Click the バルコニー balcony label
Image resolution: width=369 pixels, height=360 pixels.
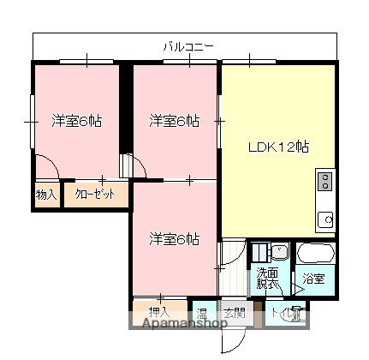tap(188, 46)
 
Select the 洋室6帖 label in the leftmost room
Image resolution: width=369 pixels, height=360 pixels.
tap(76, 121)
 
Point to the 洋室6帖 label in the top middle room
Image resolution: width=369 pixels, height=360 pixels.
tap(175, 121)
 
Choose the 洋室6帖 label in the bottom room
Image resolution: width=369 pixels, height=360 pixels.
tap(175, 237)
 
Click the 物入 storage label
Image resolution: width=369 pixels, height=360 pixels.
tap(46, 195)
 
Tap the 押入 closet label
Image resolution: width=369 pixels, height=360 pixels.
tap(159, 312)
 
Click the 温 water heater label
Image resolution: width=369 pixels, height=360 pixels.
tap(203, 312)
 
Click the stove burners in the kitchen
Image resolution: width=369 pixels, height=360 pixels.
tap(324, 182)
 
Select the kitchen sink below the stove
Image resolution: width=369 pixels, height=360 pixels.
tap(324, 220)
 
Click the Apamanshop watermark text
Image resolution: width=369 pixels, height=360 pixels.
tap(177, 324)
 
